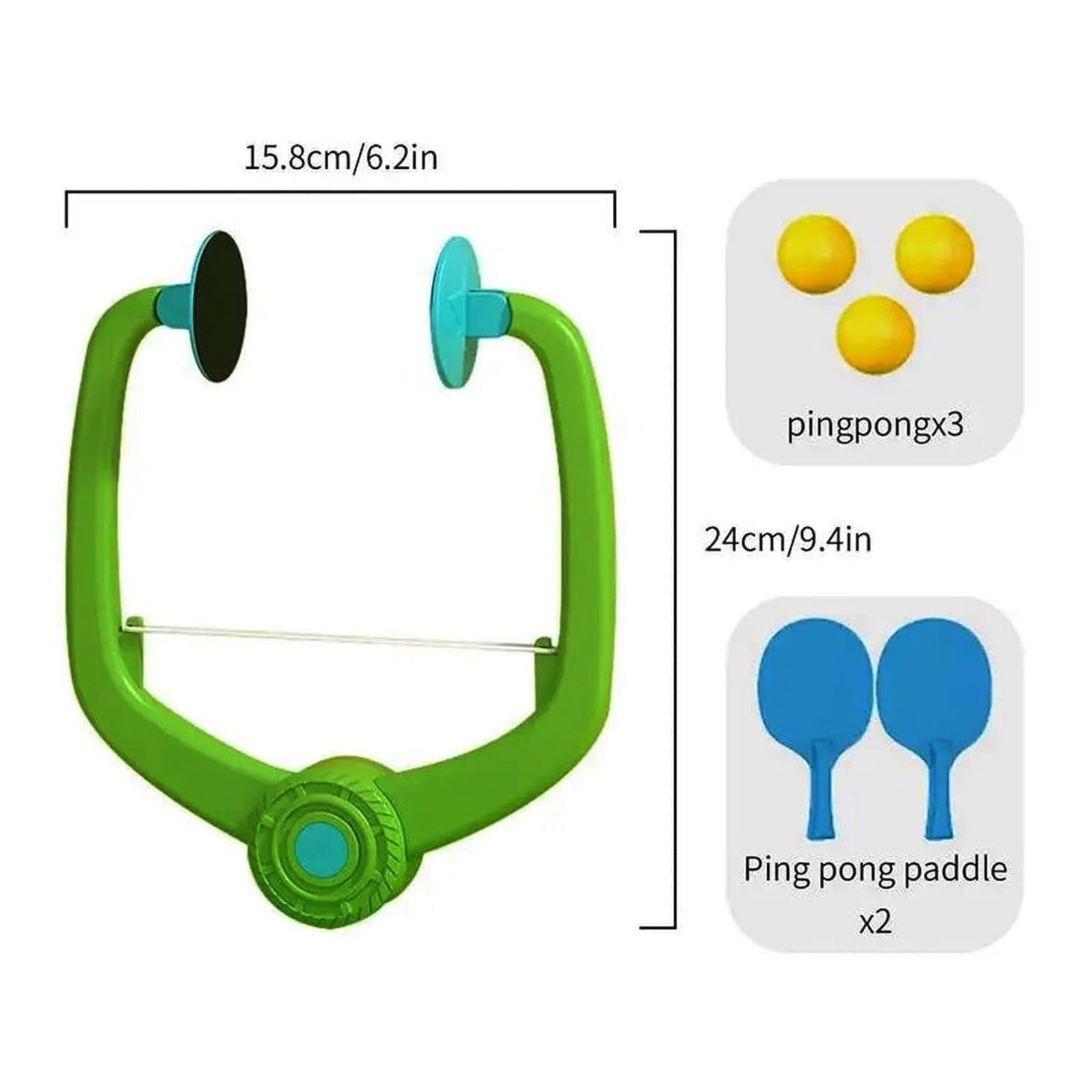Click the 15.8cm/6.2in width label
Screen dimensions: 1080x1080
coord(340,158)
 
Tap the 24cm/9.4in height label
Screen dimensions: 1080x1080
coord(788,540)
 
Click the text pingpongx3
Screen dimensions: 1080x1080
coord(875,425)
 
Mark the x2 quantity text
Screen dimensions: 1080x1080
coord(874,922)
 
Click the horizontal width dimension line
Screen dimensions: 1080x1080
coord(340,194)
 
